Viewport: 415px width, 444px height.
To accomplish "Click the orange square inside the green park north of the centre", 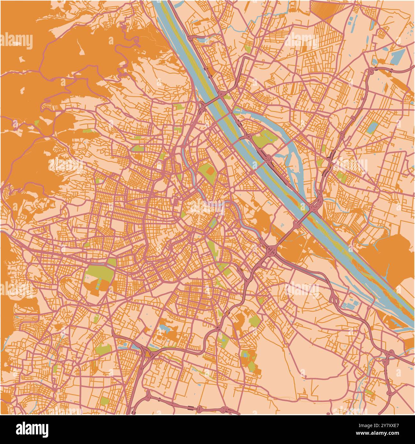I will (210, 172).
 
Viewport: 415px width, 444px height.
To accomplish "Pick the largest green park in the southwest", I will (97, 275).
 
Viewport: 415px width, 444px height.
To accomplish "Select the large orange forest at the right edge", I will (395, 259).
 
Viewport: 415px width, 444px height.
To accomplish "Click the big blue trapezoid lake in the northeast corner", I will (395, 58).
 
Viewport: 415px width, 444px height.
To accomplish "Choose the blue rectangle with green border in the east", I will (372, 127).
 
